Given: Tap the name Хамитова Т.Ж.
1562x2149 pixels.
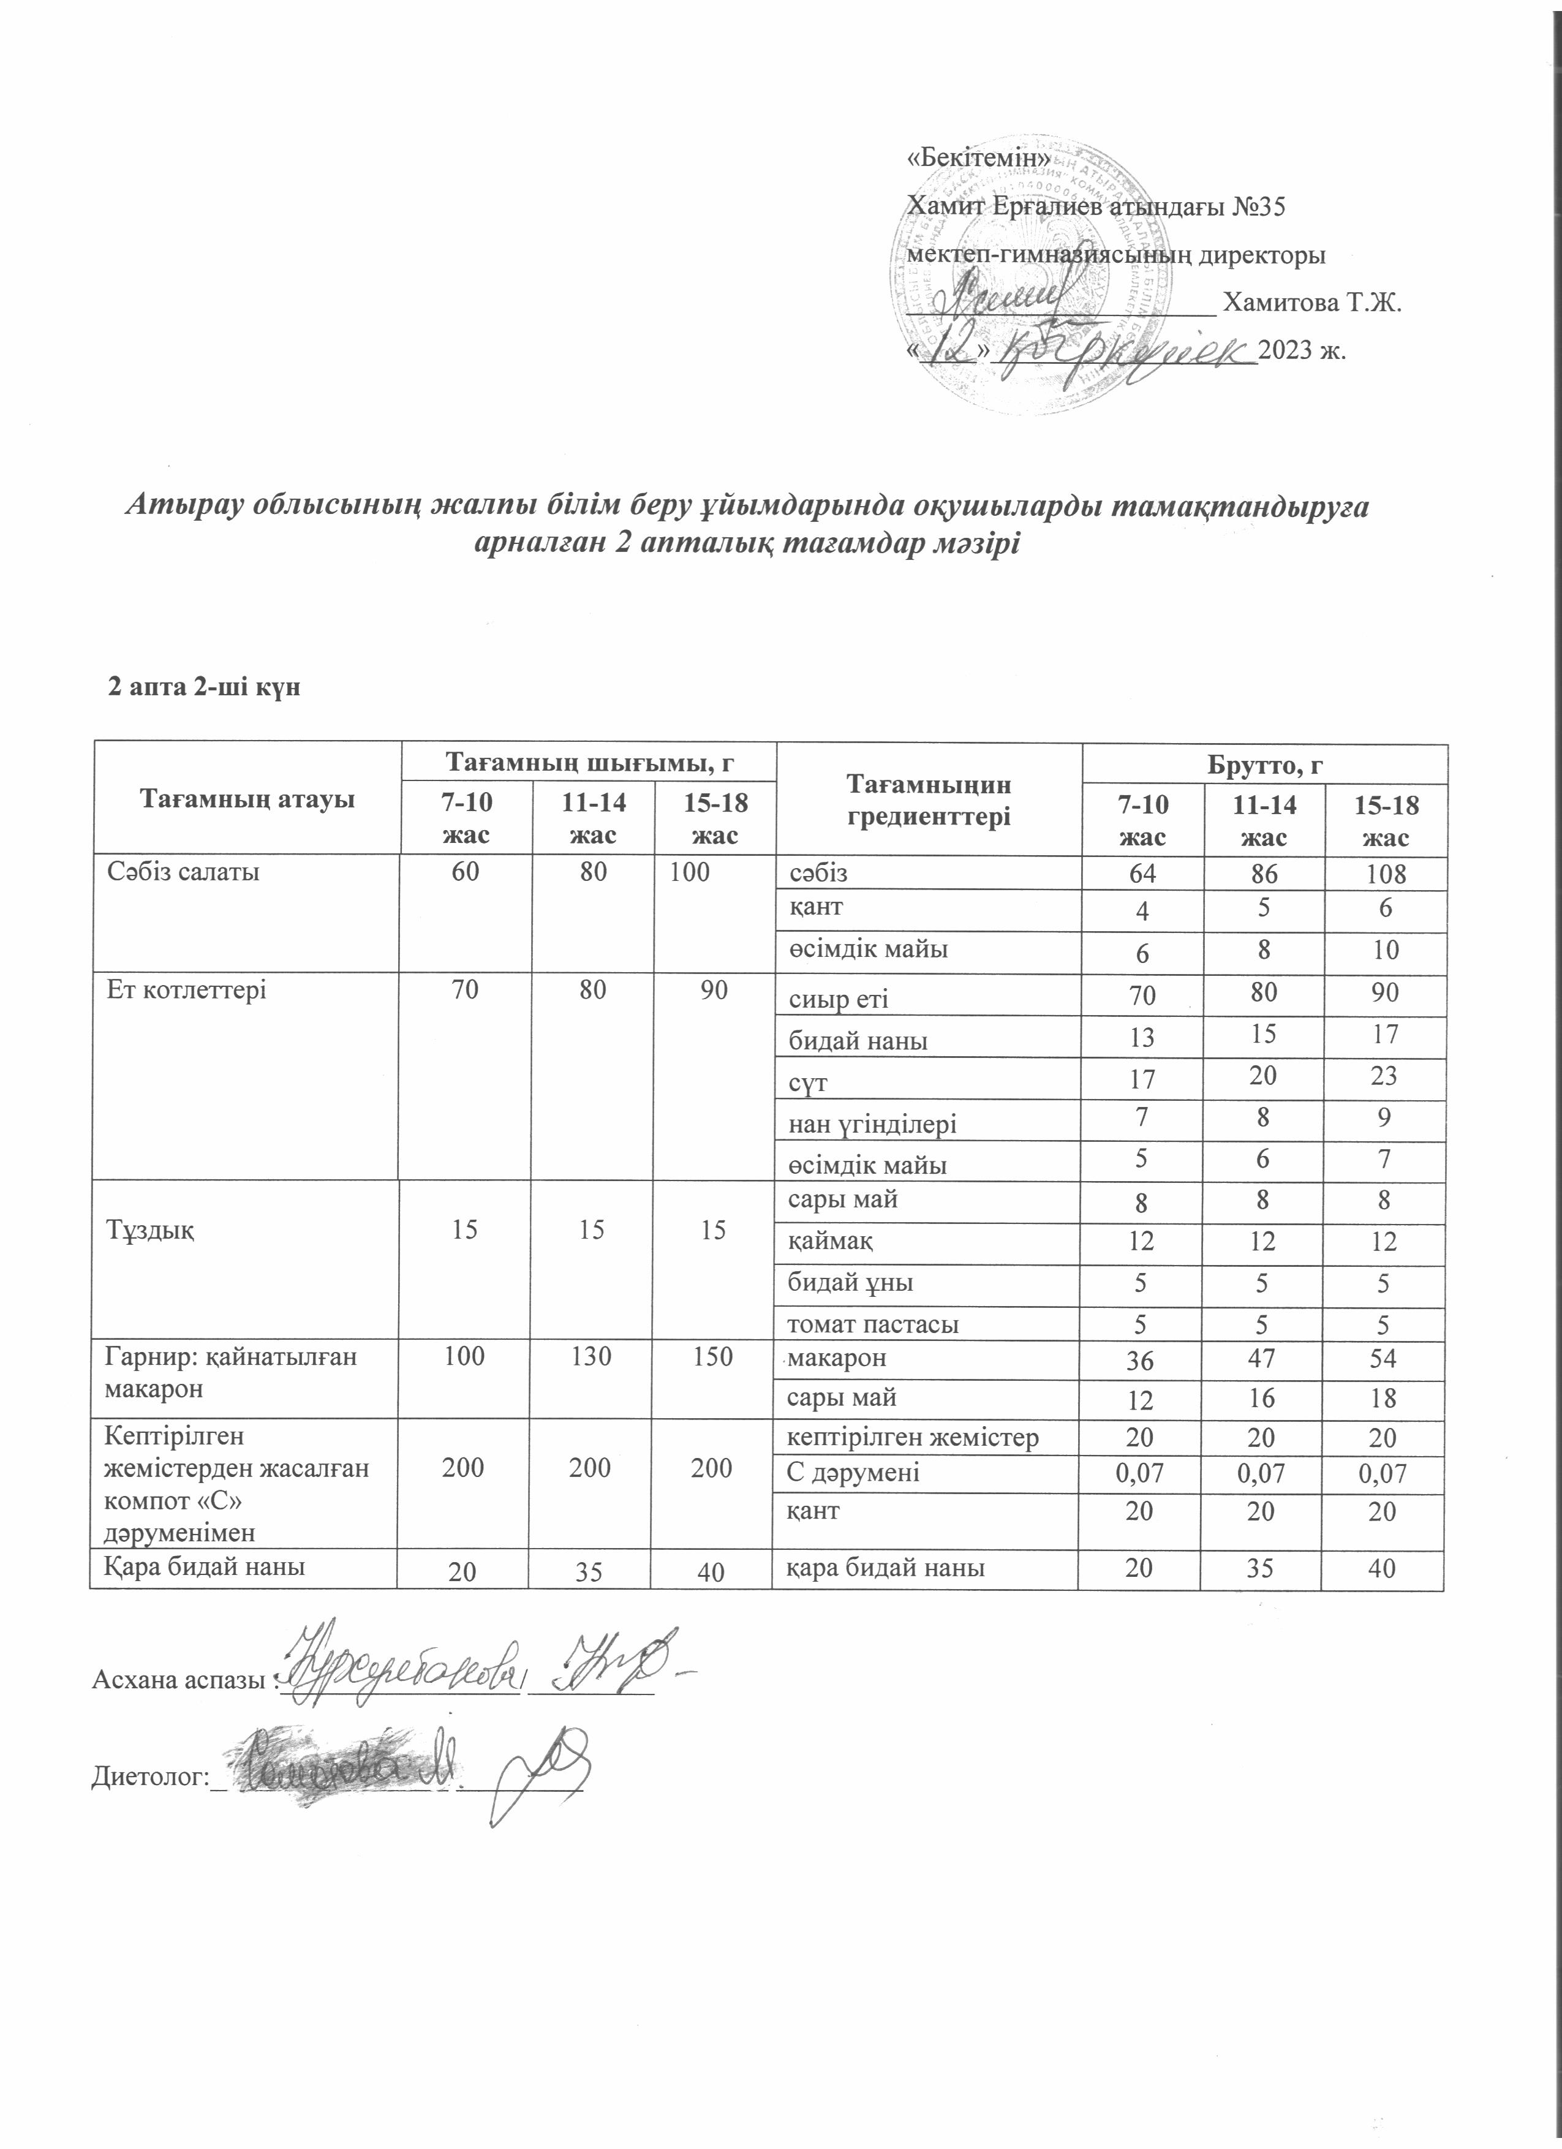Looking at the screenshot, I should point(1312,303).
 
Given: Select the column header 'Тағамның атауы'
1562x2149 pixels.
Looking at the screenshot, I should point(247,799).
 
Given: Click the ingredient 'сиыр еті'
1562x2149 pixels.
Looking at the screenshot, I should point(839,998).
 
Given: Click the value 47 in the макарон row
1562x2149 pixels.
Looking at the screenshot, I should point(1262,1359).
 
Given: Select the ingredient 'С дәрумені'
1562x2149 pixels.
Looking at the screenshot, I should point(855,1473).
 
